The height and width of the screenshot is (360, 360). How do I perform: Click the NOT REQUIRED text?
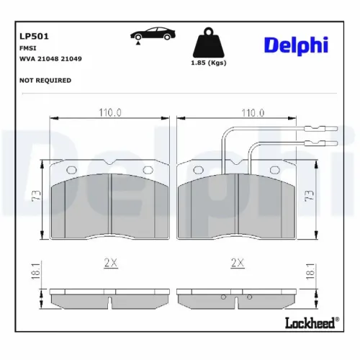pos(45,80)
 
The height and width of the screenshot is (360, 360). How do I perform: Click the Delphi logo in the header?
pos(296,44)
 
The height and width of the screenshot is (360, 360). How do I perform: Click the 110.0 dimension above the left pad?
pos(109,112)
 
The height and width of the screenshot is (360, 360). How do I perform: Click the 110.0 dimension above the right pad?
pos(253,112)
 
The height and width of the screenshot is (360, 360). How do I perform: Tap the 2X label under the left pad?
pos(110,264)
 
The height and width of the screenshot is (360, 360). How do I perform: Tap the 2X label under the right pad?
pos(235,264)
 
